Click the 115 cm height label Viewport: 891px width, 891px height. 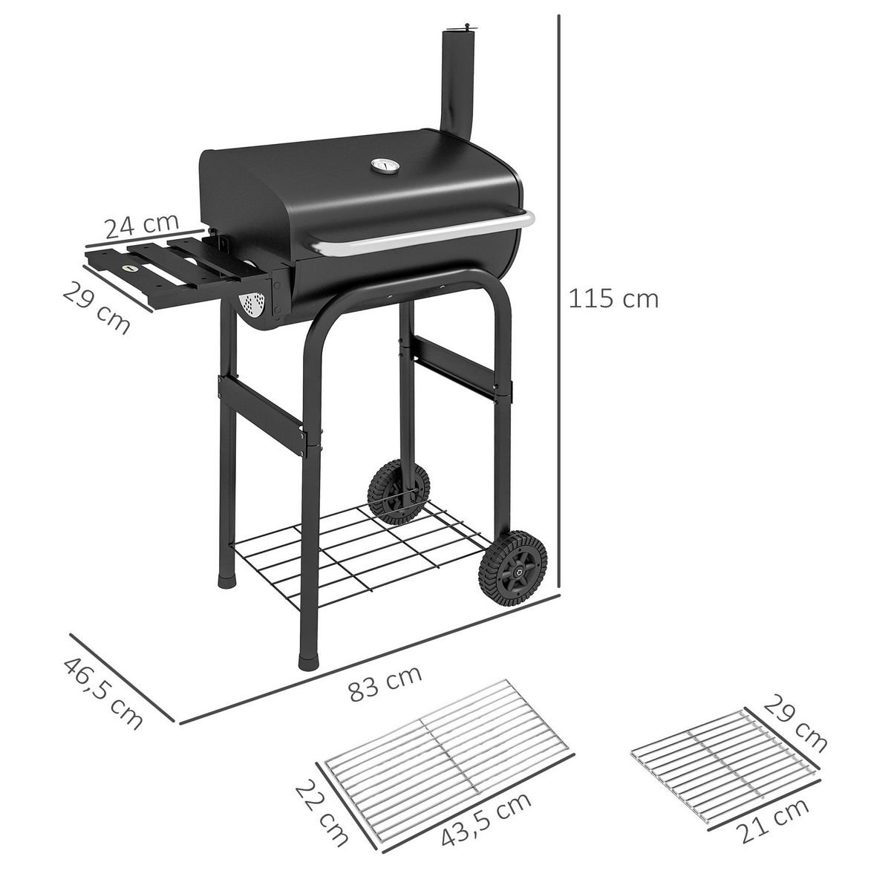coord(613,298)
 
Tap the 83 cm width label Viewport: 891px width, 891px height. coord(385,684)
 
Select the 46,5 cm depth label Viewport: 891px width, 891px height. coord(103,693)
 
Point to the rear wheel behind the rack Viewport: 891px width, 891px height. coord(397,490)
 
